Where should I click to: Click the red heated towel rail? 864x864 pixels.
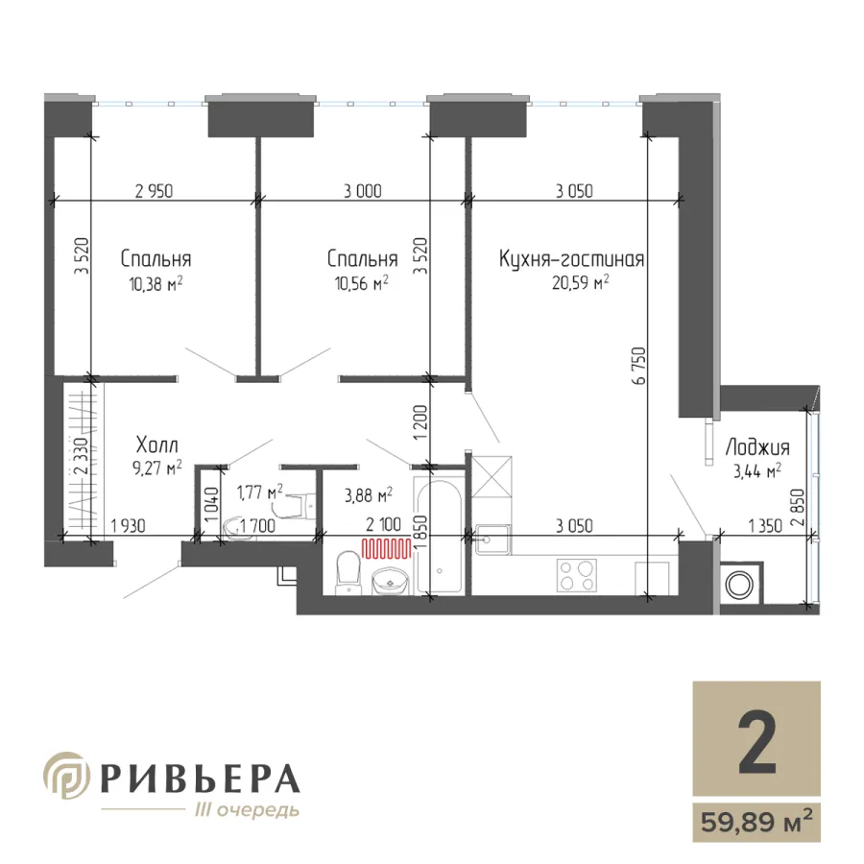pyautogui.click(x=386, y=549)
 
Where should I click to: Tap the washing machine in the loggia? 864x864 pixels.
pyautogui.click(x=740, y=586)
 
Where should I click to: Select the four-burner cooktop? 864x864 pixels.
pyautogui.click(x=576, y=575)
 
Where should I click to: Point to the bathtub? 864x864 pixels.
pyautogui.click(x=439, y=538)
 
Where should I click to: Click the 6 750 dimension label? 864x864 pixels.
pyautogui.click(x=639, y=366)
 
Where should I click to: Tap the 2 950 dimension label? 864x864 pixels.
pyautogui.click(x=154, y=191)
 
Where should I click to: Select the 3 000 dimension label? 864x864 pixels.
pyautogui.click(x=363, y=191)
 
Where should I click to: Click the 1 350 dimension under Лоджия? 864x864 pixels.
pyautogui.click(x=764, y=526)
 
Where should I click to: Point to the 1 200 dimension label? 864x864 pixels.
pyautogui.click(x=420, y=422)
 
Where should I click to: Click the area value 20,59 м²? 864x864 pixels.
pyautogui.click(x=581, y=282)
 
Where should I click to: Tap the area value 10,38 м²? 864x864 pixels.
pyautogui.click(x=156, y=284)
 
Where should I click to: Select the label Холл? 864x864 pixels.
pyautogui.click(x=157, y=444)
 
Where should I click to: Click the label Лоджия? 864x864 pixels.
pyautogui.click(x=757, y=447)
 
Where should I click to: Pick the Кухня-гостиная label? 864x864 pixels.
pyautogui.click(x=571, y=259)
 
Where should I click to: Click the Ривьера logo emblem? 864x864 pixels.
pyautogui.click(x=66, y=775)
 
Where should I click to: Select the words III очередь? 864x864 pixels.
pyautogui.click(x=248, y=810)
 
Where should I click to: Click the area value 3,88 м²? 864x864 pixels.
pyautogui.click(x=368, y=495)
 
